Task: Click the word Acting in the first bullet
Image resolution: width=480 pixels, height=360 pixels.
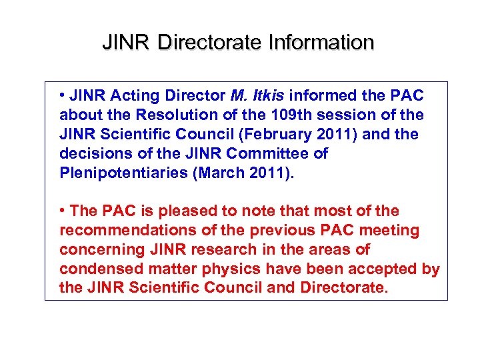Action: click(x=129, y=96)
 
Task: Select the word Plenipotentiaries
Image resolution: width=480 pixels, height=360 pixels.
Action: click(x=113, y=173)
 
